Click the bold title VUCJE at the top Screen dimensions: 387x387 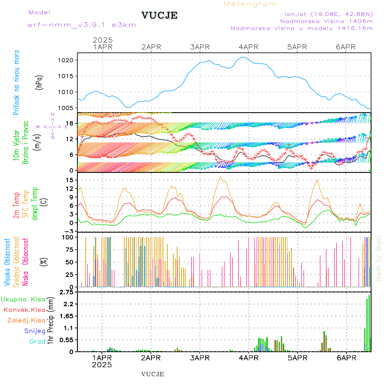[x=160, y=15]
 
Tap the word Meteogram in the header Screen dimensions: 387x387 [x=250, y=4]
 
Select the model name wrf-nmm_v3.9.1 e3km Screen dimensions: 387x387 [x=82, y=25]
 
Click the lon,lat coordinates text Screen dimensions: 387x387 [x=326, y=14]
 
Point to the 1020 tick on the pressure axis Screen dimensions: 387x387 [x=69, y=60]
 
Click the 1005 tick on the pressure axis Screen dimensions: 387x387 [x=69, y=108]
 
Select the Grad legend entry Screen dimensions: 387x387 [x=37, y=341]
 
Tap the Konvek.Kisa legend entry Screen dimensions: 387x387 [x=25, y=310]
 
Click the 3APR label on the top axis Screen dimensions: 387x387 [x=200, y=47]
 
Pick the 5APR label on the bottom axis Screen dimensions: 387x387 [x=297, y=358]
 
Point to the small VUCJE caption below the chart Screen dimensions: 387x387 [x=152, y=374]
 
